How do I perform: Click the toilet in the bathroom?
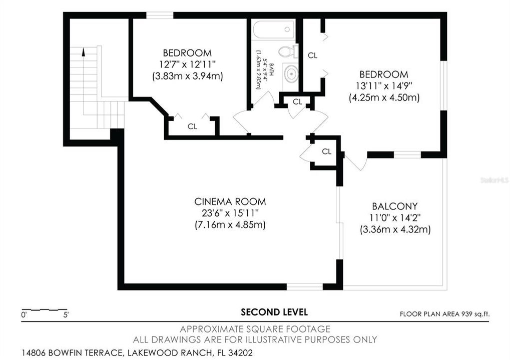pyautogui.click(x=287, y=51)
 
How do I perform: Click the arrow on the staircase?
pyautogui.click(x=84, y=50)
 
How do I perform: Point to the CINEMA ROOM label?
pyautogui.click(x=230, y=201)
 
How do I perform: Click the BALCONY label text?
pyautogui.click(x=394, y=206)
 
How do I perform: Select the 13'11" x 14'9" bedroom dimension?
pyautogui.click(x=383, y=86)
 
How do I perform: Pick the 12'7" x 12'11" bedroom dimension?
pyautogui.click(x=187, y=64)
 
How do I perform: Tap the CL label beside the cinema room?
pyautogui.click(x=326, y=151)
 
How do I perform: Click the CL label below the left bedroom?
pyautogui.click(x=192, y=126)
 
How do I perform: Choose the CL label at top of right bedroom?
pyautogui.click(x=312, y=55)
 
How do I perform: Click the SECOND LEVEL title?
pyautogui.click(x=274, y=312)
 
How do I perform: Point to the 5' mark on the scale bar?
pyautogui.click(x=66, y=315)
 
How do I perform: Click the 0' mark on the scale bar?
pyautogui.click(x=24, y=315)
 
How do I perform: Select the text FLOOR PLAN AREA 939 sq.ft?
pyautogui.click(x=444, y=314)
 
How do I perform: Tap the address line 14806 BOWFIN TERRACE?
pyautogui.click(x=137, y=352)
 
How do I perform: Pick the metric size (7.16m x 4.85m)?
pyautogui.click(x=230, y=225)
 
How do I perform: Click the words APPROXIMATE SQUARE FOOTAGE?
pyautogui.click(x=255, y=329)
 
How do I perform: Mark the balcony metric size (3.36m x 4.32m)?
pyautogui.click(x=394, y=229)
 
